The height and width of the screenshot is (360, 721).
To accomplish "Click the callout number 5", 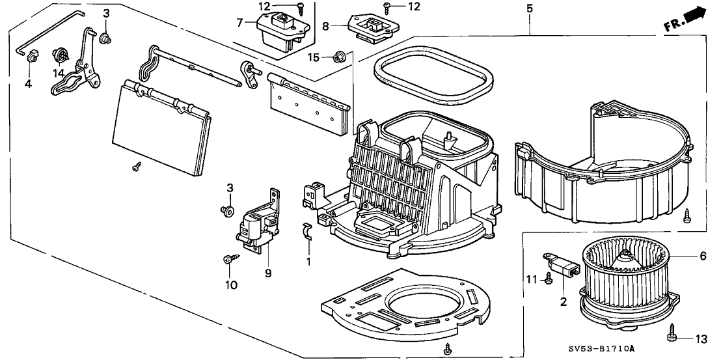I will (x=529, y=8).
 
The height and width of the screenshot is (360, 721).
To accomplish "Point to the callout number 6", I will (x=702, y=256).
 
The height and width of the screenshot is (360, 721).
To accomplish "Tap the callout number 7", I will (x=239, y=23).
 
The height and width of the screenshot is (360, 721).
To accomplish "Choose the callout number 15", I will (x=313, y=58).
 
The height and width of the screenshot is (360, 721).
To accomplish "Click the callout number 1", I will (x=309, y=261).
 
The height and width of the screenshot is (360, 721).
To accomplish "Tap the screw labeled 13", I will (x=672, y=337).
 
